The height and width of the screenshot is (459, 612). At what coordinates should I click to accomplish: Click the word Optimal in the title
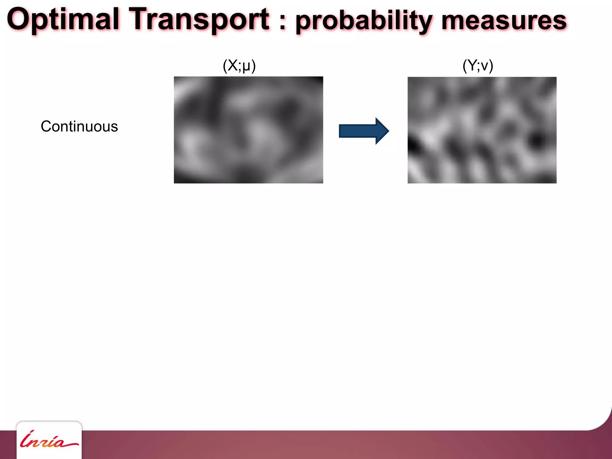click(x=63, y=20)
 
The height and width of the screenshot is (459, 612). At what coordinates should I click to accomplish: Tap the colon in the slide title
click(x=283, y=22)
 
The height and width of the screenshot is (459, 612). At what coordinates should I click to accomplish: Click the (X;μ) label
click(x=239, y=65)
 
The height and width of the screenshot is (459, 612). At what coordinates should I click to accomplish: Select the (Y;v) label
click(x=478, y=65)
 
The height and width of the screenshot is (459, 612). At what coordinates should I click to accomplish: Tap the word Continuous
click(x=79, y=126)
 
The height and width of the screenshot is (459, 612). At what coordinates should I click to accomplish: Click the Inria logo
click(x=49, y=441)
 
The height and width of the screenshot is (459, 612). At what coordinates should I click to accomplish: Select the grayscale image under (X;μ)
click(x=248, y=130)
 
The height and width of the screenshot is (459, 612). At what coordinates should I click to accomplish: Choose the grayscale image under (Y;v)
click(x=482, y=130)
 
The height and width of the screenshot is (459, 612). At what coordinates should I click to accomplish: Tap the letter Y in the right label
click(x=472, y=65)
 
